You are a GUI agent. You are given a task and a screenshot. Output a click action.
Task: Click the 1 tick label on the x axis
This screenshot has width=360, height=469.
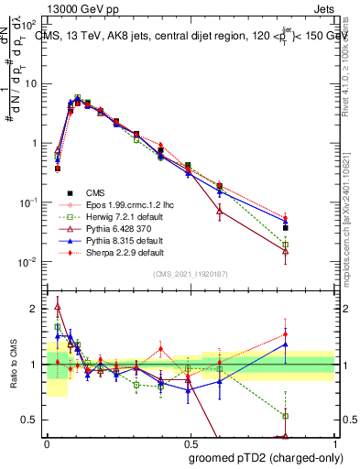(333, 441)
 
